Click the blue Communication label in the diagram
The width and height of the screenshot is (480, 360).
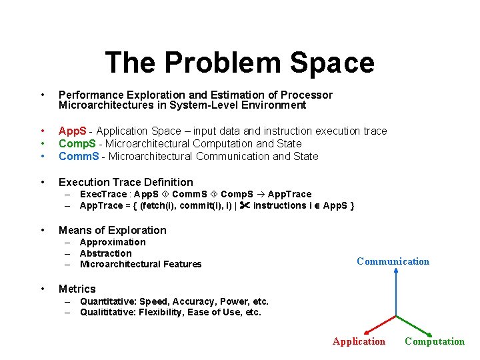pyautogui.click(x=393, y=261)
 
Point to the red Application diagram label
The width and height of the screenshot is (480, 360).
pyautogui.click(x=359, y=341)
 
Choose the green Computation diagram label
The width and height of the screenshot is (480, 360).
pyautogui.click(x=435, y=341)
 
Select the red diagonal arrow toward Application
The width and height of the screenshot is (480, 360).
pyautogui.click(x=379, y=322)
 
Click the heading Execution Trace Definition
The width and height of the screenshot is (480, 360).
pyautogui.click(x=125, y=182)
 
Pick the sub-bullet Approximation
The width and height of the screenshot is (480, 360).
pyautogui.click(x=112, y=242)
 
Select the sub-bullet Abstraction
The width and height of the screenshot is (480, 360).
pyautogui.click(x=105, y=253)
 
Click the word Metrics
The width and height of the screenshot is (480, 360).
pyautogui.click(x=77, y=289)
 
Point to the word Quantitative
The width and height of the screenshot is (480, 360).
pyautogui.click(x=107, y=301)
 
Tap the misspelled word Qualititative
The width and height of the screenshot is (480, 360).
pyautogui.click(x=107, y=312)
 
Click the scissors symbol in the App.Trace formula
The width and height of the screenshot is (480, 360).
pyautogui.click(x=244, y=205)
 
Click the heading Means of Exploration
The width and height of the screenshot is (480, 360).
pyautogui.click(x=112, y=230)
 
